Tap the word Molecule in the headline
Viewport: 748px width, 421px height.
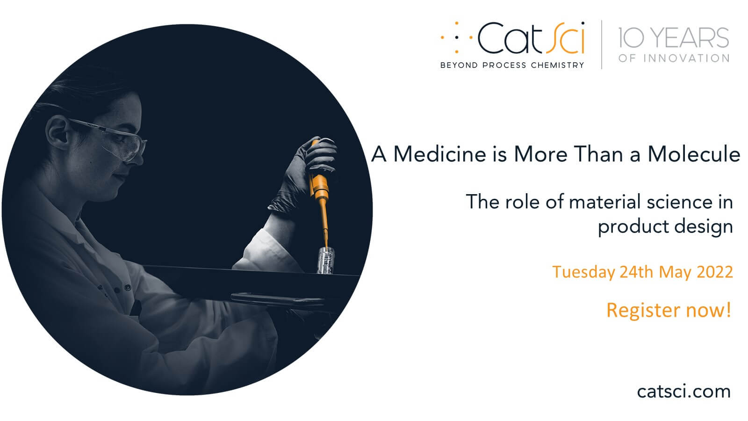pos(694,154)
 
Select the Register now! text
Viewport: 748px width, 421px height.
pos(669,310)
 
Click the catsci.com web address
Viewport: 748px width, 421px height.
pos(684,392)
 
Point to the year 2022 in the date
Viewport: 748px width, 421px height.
pos(715,272)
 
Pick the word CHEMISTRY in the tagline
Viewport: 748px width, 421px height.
pos(557,65)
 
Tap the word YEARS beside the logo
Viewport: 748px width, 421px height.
pos(690,38)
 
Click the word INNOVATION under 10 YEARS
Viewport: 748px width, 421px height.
pos(687,58)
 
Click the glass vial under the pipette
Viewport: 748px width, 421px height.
pos(325,261)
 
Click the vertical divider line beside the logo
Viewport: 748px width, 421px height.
pos(602,45)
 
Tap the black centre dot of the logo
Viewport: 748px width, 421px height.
pos(456,38)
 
